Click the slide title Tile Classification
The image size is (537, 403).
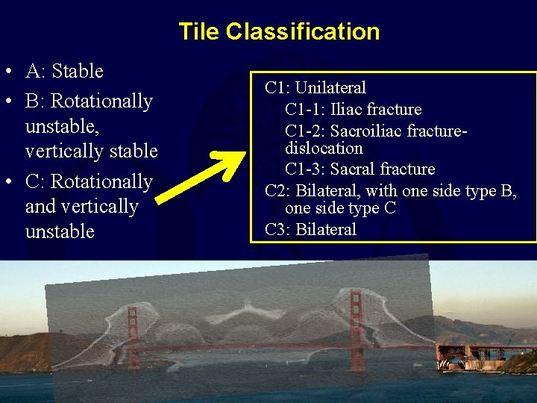279,31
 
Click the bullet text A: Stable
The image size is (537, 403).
64,72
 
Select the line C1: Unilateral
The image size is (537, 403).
315,88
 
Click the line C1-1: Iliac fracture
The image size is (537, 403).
353,110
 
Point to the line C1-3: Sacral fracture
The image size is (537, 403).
359,169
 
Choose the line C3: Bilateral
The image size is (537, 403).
310,230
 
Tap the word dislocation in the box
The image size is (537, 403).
324,149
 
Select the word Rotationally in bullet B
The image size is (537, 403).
101,101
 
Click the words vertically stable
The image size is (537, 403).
91,151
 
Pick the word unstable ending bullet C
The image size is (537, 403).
60,232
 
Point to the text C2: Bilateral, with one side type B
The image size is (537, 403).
391,191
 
